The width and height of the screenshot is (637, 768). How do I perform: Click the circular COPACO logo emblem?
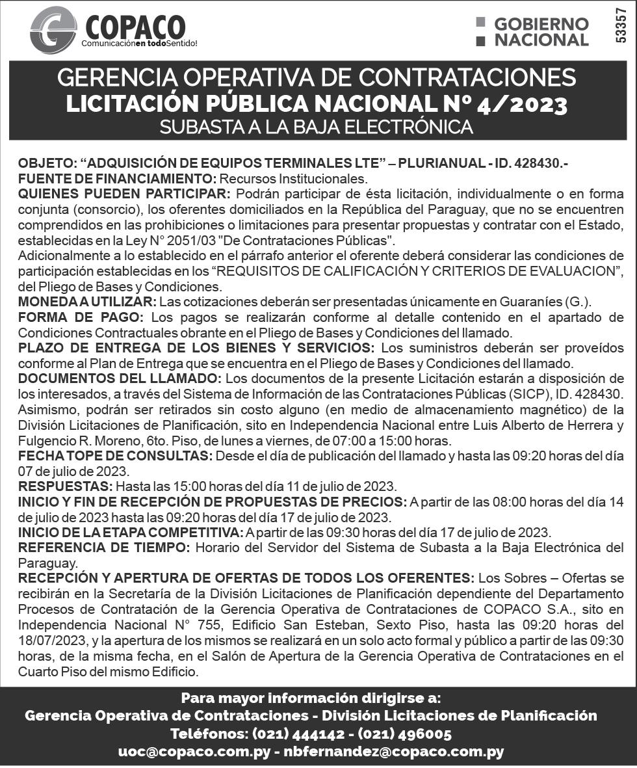coord(53,30)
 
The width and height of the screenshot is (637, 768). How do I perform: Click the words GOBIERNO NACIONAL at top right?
coord(541,32)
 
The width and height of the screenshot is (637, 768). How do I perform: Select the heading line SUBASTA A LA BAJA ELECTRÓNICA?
coord(317,127)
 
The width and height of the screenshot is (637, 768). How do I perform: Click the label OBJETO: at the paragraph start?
coord(47,163)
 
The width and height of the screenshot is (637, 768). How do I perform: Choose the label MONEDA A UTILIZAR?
coord(87,302)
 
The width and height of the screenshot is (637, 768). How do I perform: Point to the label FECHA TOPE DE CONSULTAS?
coord(115,456)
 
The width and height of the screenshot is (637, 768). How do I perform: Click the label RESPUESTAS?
coord(66,486)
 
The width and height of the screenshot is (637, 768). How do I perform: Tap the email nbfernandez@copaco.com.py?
coord(395,752)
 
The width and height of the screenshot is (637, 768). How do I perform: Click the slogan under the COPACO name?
coord(138,44)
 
